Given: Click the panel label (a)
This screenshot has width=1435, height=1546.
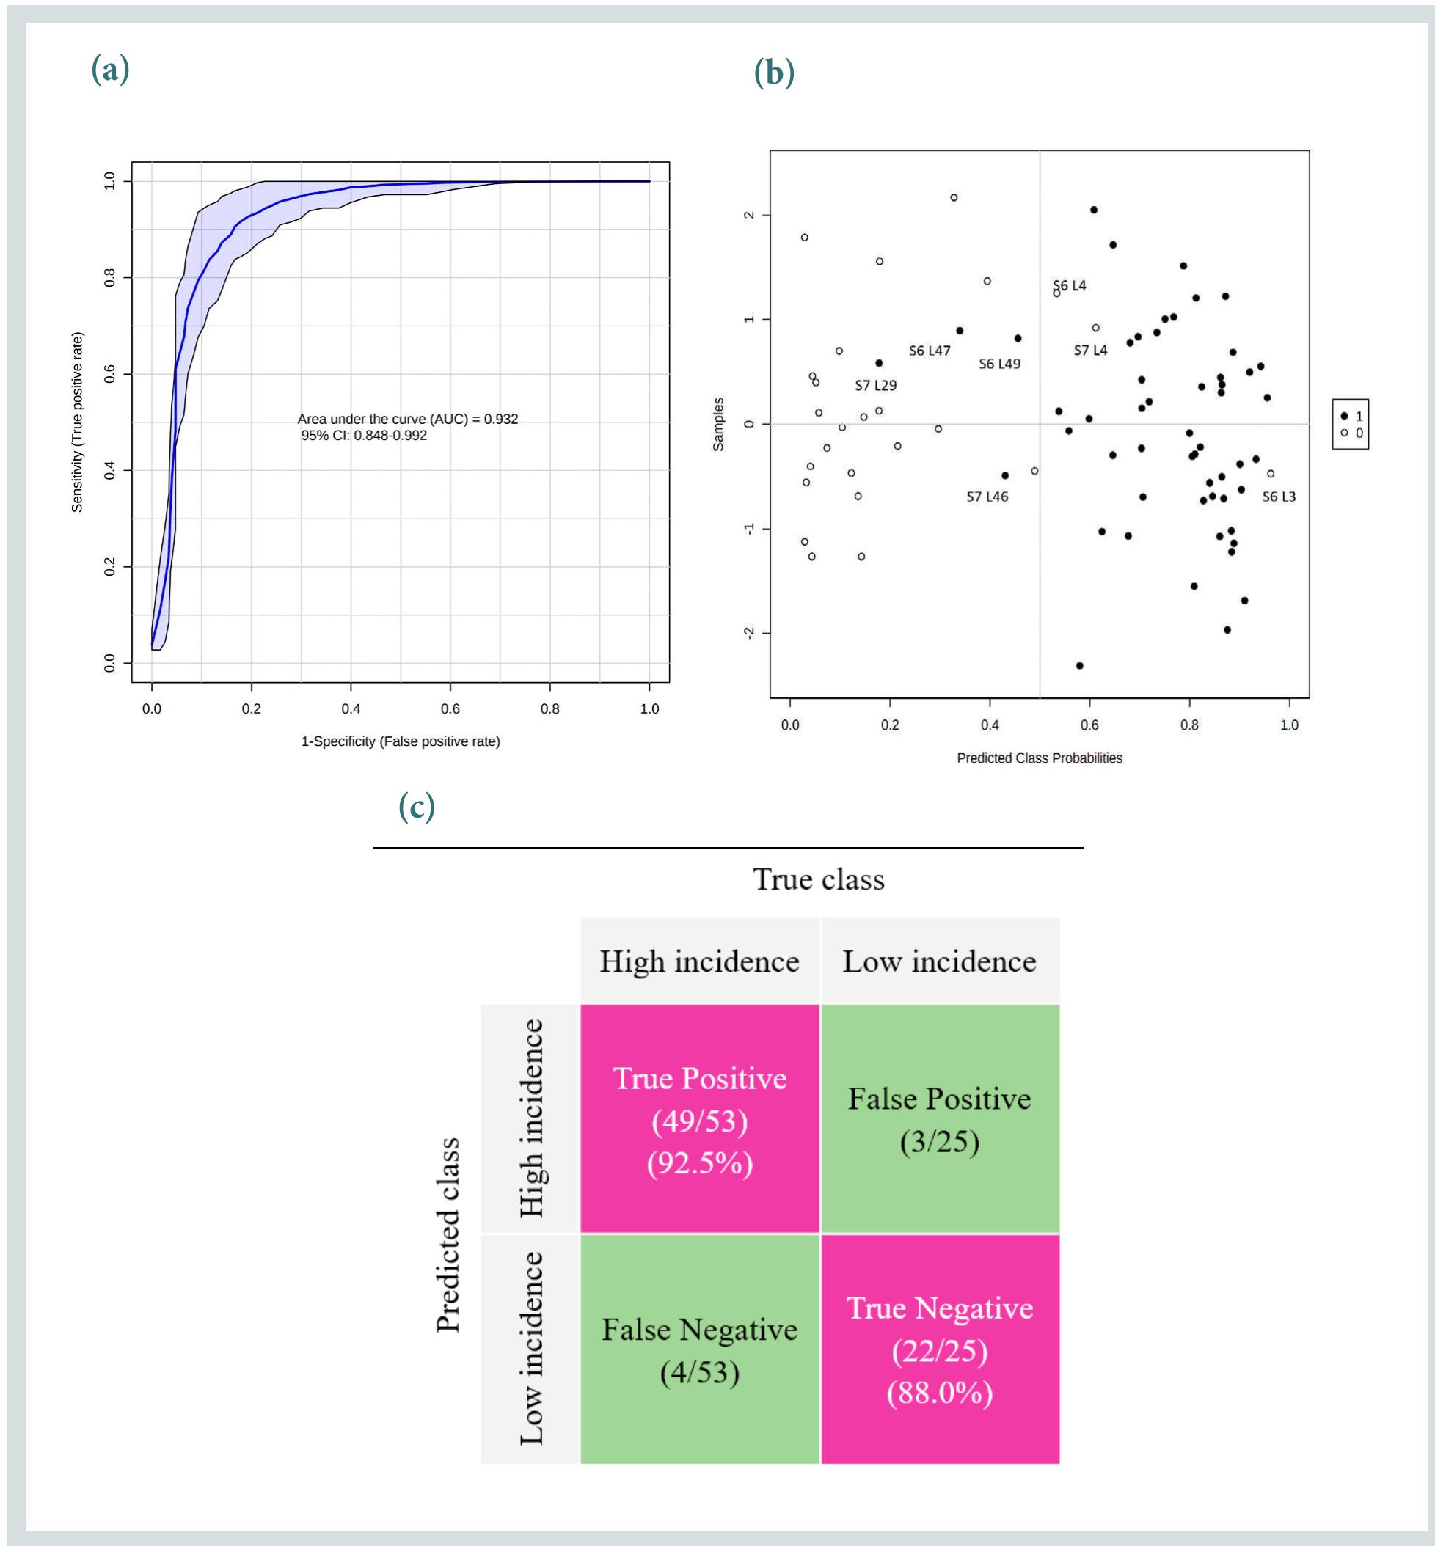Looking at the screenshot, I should point(110,70).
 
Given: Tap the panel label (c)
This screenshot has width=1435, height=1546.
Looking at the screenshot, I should point(416,807).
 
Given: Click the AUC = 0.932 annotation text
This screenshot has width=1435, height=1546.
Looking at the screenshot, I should point(408,419).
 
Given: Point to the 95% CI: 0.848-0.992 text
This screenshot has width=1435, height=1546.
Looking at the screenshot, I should point(364,436).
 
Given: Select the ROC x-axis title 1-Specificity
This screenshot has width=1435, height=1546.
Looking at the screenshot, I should point(401,741).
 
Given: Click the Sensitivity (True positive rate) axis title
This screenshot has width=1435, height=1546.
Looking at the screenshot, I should point(77,422).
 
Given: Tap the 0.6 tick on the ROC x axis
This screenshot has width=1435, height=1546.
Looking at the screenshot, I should point(450,708).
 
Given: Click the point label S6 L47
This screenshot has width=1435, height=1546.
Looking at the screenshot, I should point(930,351).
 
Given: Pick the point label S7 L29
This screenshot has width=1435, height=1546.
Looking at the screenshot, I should point(876,385).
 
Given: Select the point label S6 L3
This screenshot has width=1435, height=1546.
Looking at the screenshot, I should point(1279,497).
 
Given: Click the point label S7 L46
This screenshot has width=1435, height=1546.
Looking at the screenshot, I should point(987,497).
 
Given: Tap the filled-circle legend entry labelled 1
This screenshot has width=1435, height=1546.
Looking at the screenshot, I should point(1351,416).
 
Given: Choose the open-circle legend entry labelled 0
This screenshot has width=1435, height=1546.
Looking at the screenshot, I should point(1351,433).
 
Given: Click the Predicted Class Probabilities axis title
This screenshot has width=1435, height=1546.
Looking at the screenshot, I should point(1039,758).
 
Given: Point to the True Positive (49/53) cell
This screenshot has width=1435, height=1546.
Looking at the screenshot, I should point(700,1120).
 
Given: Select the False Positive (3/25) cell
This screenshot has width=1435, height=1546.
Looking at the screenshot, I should point(940,1120).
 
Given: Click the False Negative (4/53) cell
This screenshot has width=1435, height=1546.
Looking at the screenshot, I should point(700,1351).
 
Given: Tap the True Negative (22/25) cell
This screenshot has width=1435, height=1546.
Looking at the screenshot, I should point(940,1351).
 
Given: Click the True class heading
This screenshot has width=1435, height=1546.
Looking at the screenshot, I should point(819,879).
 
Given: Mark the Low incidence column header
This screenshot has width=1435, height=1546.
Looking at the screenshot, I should point(940,961).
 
